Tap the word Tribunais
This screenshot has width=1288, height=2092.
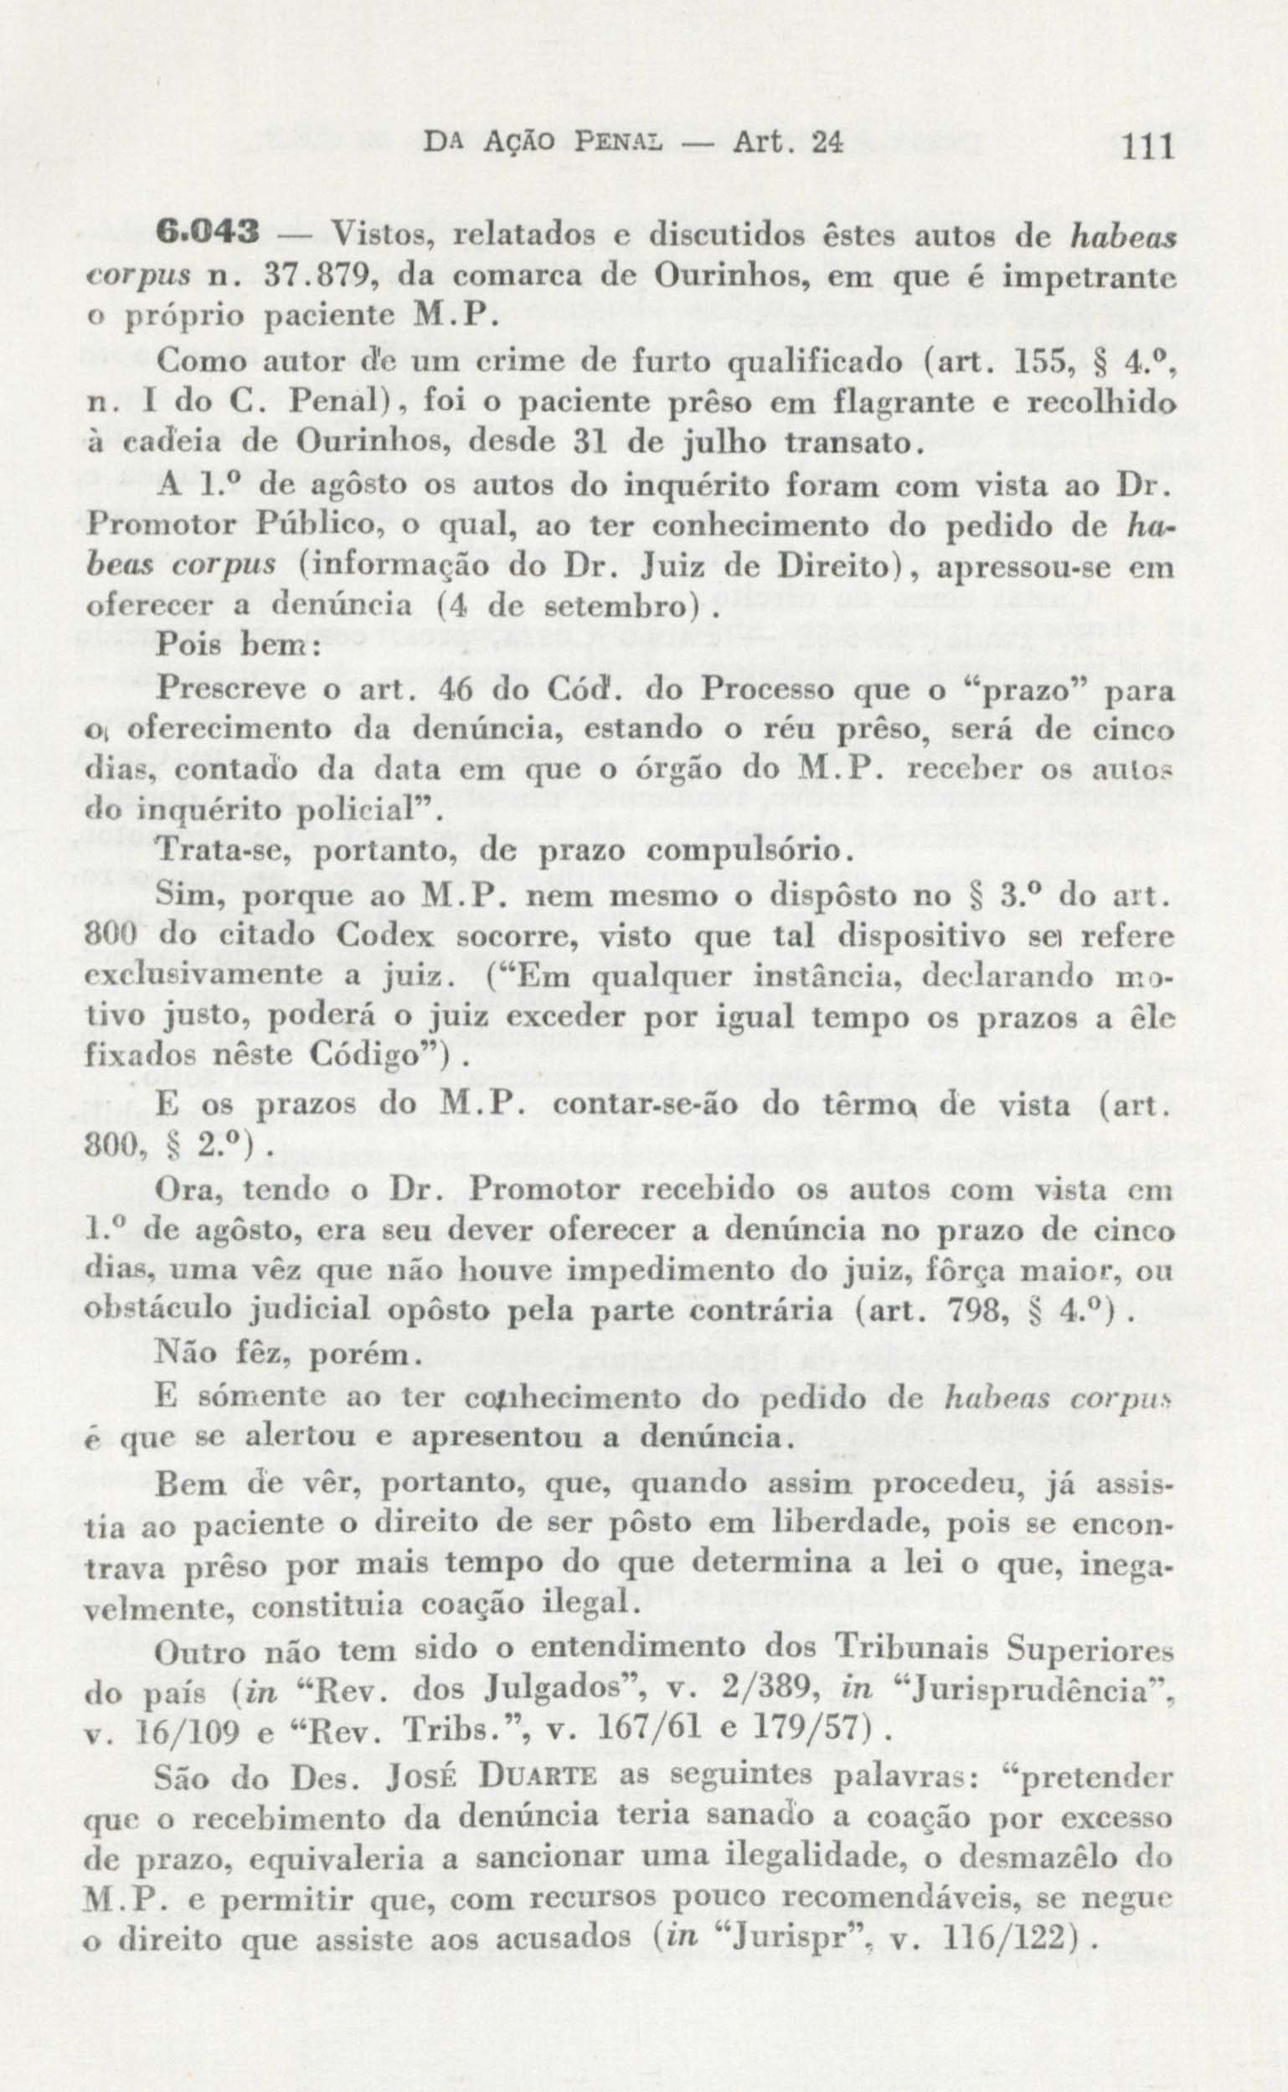coord(910,1649)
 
